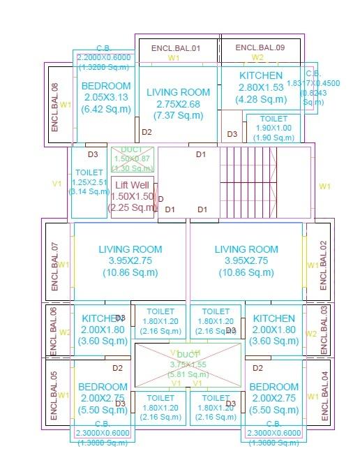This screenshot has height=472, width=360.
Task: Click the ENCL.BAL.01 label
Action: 176,48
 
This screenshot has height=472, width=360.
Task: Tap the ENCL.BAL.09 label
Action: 260,47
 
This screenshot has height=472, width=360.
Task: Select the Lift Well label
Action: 132,185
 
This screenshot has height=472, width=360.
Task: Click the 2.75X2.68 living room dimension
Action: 178,104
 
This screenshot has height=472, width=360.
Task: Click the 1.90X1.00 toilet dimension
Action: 273,128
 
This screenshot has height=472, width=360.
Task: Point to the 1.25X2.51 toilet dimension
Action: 89,182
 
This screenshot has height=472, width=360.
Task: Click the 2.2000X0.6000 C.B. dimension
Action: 105,58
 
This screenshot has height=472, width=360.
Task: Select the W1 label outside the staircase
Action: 324,186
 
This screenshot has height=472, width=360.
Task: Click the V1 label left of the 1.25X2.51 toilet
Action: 57,184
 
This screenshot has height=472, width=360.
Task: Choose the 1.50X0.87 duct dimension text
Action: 131,159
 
